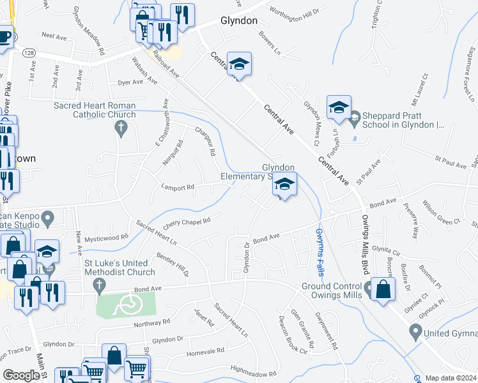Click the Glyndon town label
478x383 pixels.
(238, 20)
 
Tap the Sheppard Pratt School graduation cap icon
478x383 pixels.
(339, 107)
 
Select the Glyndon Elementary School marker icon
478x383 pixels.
(284, 185)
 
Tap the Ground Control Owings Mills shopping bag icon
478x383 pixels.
(382, 289)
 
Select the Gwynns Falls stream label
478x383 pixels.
(320, 248)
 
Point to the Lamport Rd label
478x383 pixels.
(178, 188)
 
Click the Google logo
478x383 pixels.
(21, 375)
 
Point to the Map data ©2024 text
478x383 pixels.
(451, 378)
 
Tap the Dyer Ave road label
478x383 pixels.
(130, 82)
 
